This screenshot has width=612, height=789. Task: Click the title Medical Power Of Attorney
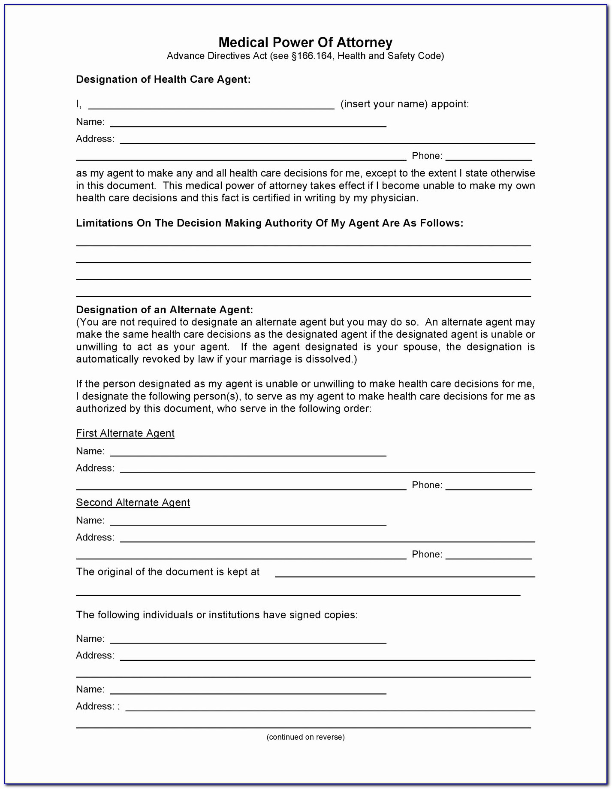click(x=305, y=42)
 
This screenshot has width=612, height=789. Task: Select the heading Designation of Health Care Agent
click(x=163, y=79)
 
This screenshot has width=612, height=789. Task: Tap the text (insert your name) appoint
click(x=404, y=104)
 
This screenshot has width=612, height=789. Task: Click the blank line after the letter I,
click(x=211, y=106)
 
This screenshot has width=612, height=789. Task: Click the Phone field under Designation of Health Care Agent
click(x=488, y=157)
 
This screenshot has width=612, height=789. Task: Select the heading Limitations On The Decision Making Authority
click(x=269, y=223)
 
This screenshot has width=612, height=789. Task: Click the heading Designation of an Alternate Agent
click(x=164, y=310)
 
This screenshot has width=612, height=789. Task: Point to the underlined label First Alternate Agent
click(x=125, y=433)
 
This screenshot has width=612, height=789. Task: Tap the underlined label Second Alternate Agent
click(x=133, y=502)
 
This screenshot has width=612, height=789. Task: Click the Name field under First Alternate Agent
click(x=248, y=452)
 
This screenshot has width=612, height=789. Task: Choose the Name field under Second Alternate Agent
click(x=248, y=521)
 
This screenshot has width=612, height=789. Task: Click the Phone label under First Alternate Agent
click(x=427, y=485)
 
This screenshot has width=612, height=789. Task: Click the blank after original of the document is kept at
click(x=404, y=573)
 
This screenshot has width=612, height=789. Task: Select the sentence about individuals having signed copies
click(x=217, y=615)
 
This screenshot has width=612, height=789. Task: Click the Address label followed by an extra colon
click(x=98, y=706)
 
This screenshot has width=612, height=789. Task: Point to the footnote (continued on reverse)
click(x=305, y=737)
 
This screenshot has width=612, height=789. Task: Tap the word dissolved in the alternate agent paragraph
click(x=330, y=359)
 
